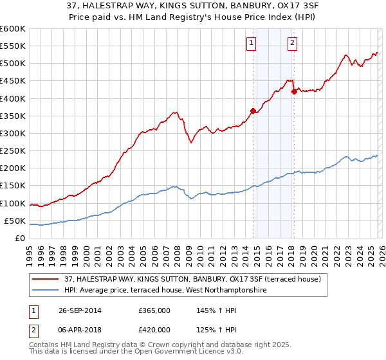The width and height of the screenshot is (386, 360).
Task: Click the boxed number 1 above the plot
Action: [x=250, y=43]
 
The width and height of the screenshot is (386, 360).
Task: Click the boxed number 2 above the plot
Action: [x=292, y=43]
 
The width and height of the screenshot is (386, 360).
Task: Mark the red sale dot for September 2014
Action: [x=253, y=111]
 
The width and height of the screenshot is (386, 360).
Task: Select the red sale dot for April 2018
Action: [x=294, y=91]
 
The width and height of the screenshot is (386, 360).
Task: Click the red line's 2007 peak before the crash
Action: [x=175, y=112]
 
